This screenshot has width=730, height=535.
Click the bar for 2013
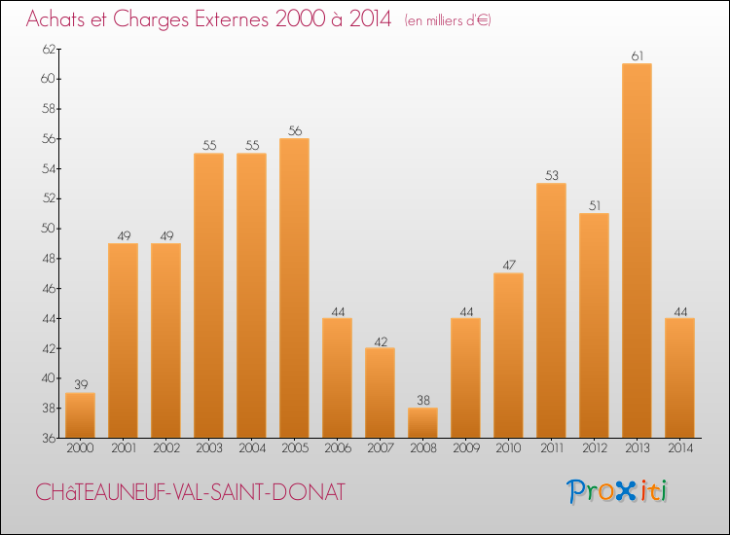[x=637, y=250]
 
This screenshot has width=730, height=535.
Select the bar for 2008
[x=422, y=422]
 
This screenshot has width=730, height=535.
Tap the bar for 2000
[x=80, y=414]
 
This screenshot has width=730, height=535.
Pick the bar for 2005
[x=294, y=287]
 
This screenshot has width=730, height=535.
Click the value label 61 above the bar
[x=637, y=56]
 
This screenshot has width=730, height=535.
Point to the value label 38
[x=422, y=401]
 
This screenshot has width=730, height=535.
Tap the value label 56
[x=294, y=131]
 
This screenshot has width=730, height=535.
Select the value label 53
[x=551, y=176]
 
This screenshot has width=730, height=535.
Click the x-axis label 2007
[x=380, y=448]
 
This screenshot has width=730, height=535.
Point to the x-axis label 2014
[x=679, y=448]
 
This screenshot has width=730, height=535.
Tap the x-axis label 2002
[x=165, y=448]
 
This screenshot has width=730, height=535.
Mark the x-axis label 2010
[x=508, y=448]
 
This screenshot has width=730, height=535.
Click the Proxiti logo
[x=619, y=491]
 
